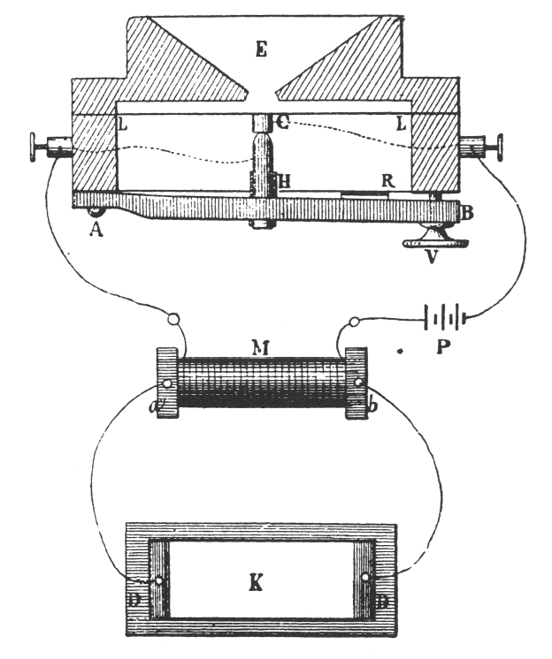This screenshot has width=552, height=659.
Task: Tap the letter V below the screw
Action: point(430,258)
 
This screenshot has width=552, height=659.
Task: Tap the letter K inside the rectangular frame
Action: point(261,582)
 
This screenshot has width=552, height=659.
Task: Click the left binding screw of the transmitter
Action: point(49,147)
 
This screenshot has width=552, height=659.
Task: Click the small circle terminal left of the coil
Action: point(174,320)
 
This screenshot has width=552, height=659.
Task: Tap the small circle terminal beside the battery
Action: point(356,322)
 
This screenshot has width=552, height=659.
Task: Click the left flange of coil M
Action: point(167,383)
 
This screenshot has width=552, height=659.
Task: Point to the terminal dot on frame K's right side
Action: point(365,578)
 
